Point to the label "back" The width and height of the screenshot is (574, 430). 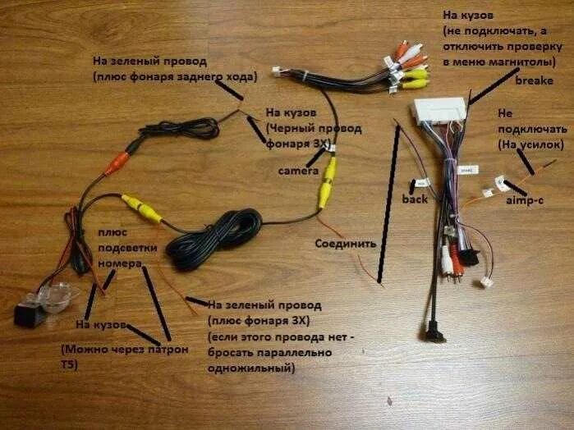tap(414, 199)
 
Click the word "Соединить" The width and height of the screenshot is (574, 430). tap(345, 243)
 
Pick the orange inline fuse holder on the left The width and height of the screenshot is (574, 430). tap(116, 162)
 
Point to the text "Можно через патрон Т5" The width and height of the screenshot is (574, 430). tap(123, 356)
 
